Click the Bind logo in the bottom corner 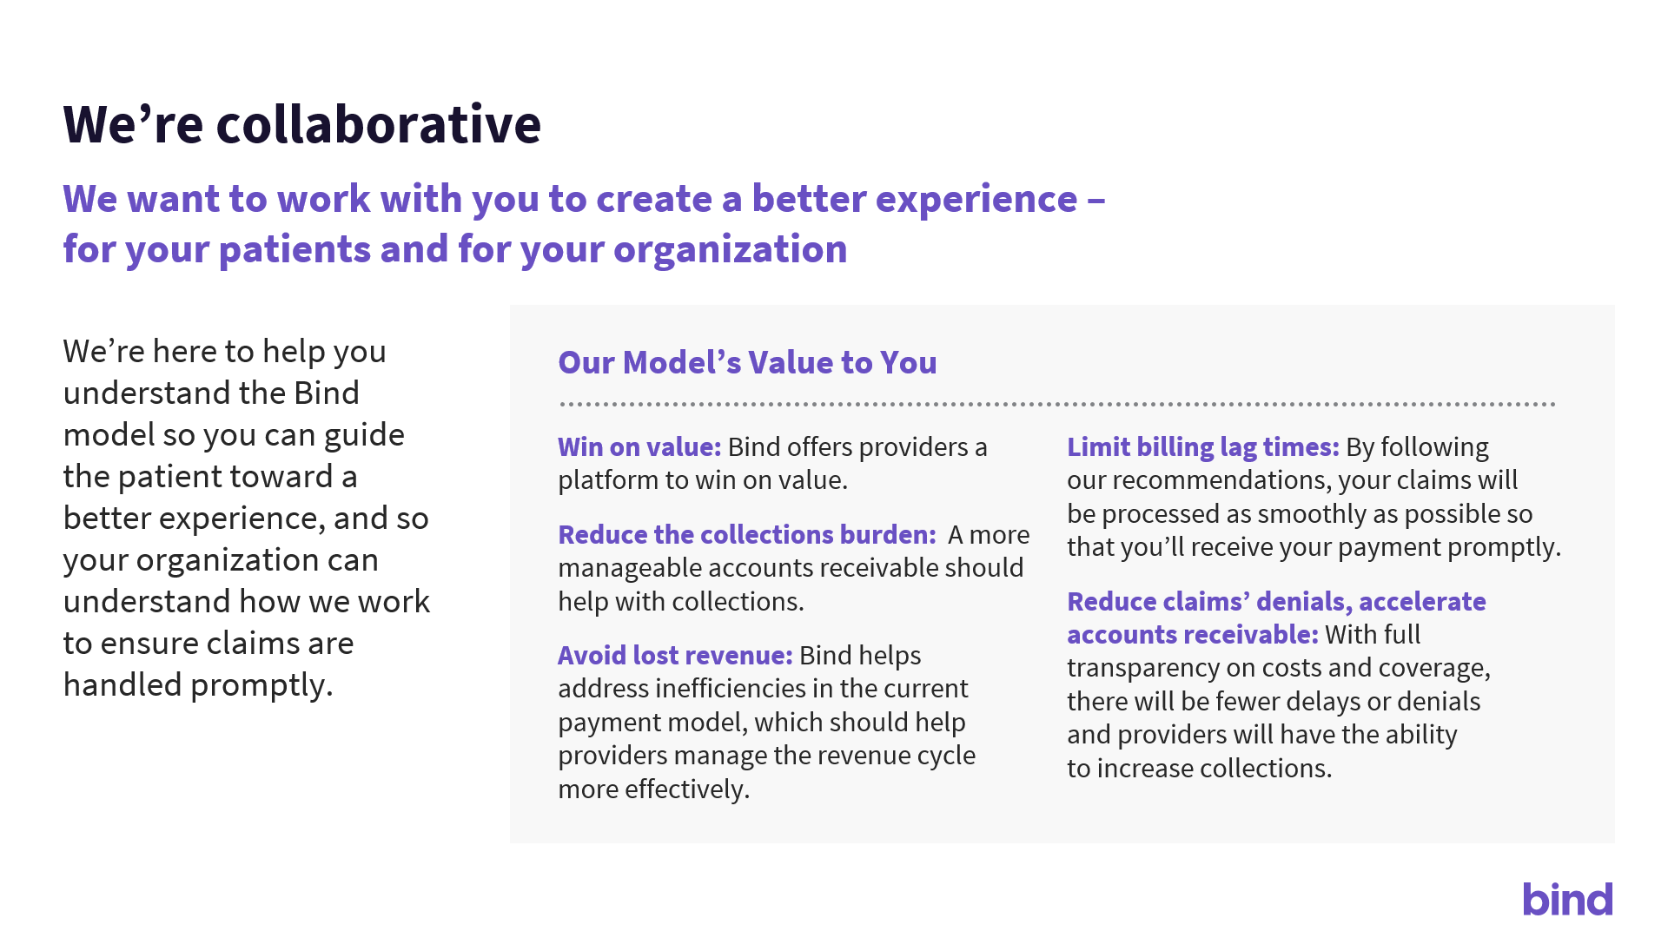click(x=1567, y=899)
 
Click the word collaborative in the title click(x=379, y=123)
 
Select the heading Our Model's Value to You click(x=747, y=362)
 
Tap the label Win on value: click(x=639, y=446)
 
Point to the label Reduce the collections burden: click(x=747, y=534)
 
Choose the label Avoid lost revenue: click(x=675, y=655)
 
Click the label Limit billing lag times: click(x=1203, y=446)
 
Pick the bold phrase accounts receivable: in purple click(x=1193, y=634)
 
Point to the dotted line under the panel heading click(x=1057, y=404)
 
